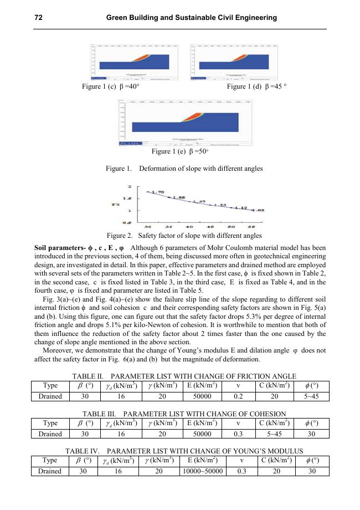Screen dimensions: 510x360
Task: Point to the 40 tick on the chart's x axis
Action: [x=189, y=227]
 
